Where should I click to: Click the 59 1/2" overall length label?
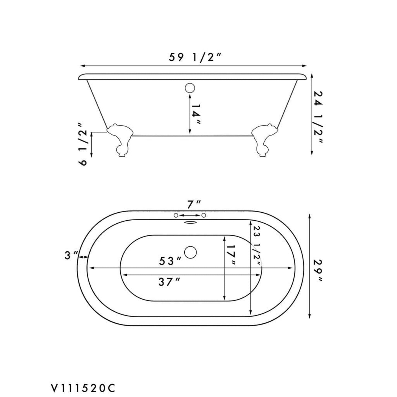(x=195, y=58)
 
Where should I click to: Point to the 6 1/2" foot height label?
(x=83, y=147)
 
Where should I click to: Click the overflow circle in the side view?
(x=190, y=88)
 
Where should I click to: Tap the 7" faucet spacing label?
(x=194, y=204)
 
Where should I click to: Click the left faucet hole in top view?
(x=176, y=215)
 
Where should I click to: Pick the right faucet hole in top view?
(x=204, y=215)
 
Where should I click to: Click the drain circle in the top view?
(x=190, y=252)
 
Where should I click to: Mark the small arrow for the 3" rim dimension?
(x=83, y=257)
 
